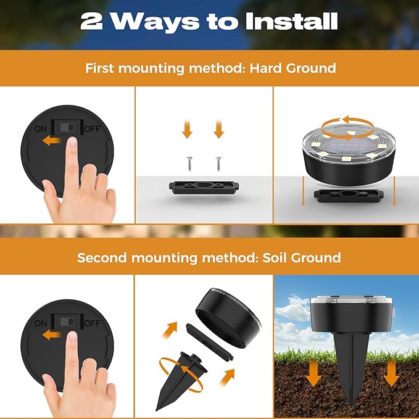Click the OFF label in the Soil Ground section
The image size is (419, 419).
(x=92, y=322)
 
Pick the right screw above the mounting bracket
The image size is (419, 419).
(x=218, y=163)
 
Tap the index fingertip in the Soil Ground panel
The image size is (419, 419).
(x=72, y=338)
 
